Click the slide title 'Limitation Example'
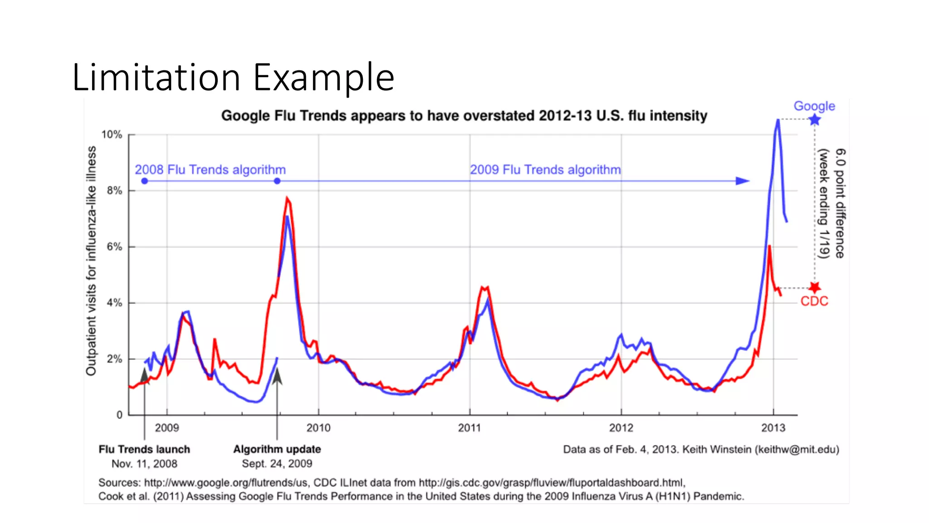pos(233,77)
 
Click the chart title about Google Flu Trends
pos(464,116)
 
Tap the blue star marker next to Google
pos(815,120)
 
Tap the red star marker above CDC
pos(815,287)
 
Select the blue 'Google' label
pos(814,106)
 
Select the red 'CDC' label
pos(814,301)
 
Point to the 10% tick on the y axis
pos(112,135)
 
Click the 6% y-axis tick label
pos(114,247)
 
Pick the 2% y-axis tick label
pos(114,359)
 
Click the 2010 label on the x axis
pos(318,428)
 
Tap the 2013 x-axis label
pos(773,428)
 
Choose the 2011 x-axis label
pos(469,428)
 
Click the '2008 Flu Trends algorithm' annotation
pos(210,170)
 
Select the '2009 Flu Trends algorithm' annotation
pos(545,170)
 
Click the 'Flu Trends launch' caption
pos(144,449)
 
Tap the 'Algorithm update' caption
pos(277,449)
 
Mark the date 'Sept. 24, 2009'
pos(277,464)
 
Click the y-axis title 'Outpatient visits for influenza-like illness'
pos(91,261)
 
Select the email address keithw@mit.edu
pos(797,449)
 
